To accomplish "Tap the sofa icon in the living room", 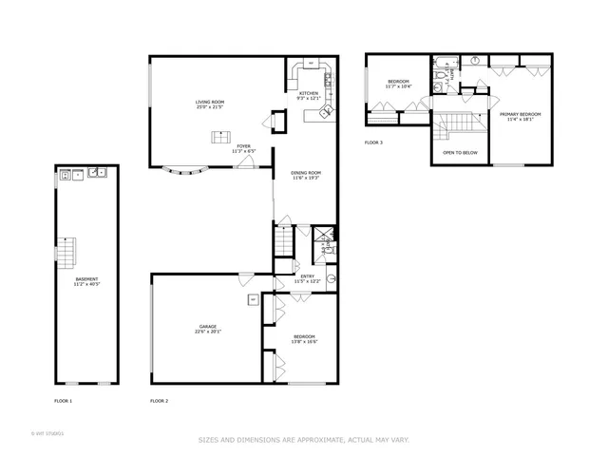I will [218, 138].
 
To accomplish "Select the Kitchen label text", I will [310, 93].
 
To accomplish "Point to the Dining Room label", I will [306, 173].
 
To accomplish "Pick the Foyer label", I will [243, 146].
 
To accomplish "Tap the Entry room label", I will [304, 276].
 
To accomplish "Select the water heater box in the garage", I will [254, 300].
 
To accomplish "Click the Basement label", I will [86, 278].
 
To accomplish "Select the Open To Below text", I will [460, 152].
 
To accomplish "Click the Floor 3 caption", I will [373, 142].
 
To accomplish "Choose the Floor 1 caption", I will [64, 401].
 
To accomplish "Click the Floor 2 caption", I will [159, 401].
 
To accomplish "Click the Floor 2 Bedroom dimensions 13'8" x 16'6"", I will [304, 341].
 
